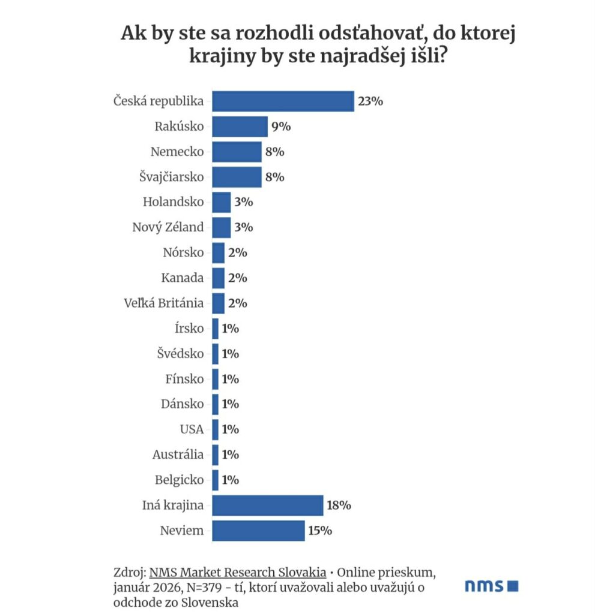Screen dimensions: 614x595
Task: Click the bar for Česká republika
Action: [283, 101]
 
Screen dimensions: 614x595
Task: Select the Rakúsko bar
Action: [240, 127]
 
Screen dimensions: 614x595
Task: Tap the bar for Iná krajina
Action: [267, 505]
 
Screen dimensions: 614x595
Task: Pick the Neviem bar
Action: [258, 530]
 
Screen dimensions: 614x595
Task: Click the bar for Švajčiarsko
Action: [237, 177]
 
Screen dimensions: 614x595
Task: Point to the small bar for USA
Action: [215, 429]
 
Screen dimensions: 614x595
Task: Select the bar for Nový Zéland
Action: [221, 227]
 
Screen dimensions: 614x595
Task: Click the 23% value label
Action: [370, 101]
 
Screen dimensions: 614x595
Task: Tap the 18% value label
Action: [339, 505]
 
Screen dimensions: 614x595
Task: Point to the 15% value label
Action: [320, 530]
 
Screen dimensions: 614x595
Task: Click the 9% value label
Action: [280, 127]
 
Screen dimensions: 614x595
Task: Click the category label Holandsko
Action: [174, 202]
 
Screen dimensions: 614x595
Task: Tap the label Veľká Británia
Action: [163, 303]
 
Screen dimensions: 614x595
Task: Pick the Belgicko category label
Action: [180, 480]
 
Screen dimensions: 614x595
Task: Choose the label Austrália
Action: [178, 455]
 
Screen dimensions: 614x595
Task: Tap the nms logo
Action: [491, 586]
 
